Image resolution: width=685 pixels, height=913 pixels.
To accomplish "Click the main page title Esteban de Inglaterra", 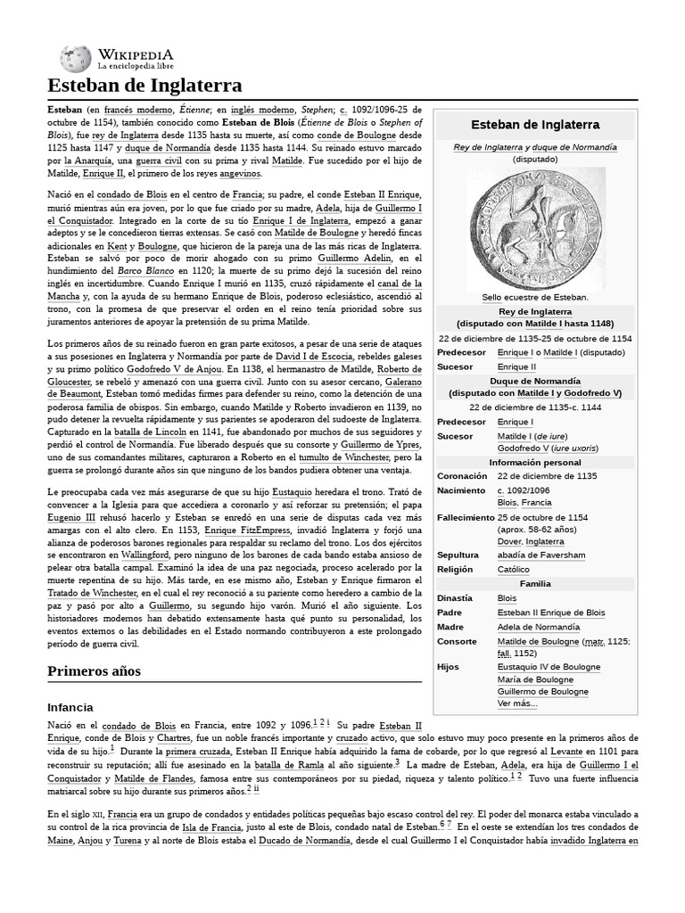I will (x=144, y=86).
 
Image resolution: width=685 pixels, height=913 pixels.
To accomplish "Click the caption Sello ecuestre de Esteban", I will (x=535, y=297).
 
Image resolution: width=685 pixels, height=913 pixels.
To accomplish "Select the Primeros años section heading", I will (x=94, y=670).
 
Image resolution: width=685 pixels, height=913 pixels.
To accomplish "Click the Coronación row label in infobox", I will (x=462, y=476).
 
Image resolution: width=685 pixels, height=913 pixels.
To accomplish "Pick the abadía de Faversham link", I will (x=541, y=555).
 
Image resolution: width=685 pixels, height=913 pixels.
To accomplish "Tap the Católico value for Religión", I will (x=513, y=570).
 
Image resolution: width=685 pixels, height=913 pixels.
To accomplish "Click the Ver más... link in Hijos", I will (x=517, y=703).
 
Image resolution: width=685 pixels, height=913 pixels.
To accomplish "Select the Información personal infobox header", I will (x=535, y=462).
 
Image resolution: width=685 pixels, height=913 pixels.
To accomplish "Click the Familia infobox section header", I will (x=535, y=583).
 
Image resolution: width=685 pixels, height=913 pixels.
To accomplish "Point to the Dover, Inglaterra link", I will (x=531, y=541).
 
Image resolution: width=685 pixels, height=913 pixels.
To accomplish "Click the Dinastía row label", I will (x=457, y=598).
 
